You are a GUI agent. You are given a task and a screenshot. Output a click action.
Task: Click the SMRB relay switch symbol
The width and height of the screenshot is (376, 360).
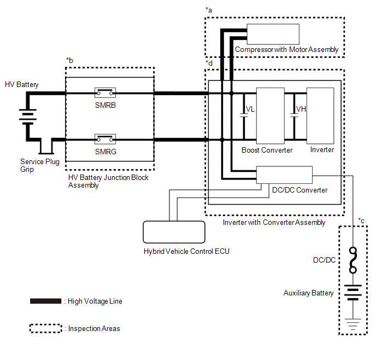click(x=105, y=92)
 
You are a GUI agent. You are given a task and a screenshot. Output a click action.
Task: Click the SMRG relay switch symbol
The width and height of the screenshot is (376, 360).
click(x=105, y=139)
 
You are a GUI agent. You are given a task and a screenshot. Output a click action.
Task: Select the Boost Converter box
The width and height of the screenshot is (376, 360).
click(x=270, y=116)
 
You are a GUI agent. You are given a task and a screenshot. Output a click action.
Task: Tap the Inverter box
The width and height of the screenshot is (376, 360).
click(x=320, y=116)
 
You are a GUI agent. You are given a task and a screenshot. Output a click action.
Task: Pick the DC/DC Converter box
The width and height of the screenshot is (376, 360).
click(x=284, y=175)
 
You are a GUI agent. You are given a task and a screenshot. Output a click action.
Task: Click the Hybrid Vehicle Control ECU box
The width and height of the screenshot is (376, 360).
click(x=174, y=232)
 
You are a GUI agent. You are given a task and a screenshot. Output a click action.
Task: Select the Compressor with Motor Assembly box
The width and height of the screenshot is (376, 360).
click(x=273, y=34)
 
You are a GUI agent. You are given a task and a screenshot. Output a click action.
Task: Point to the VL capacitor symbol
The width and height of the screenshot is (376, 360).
click(x=244, y=115)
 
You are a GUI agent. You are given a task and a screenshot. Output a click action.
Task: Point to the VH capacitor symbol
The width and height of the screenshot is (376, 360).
click(x=294, y=115)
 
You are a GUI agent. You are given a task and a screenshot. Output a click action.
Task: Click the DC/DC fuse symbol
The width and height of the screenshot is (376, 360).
click(x=352, y=260)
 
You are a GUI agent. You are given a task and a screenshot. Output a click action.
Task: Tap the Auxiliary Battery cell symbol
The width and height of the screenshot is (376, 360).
click(x=352, y=292)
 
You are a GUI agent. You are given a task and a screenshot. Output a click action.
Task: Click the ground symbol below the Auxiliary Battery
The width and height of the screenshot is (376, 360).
click(x=352, y=324)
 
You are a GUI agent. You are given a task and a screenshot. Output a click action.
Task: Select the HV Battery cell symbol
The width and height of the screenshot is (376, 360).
click(x=28, y=117)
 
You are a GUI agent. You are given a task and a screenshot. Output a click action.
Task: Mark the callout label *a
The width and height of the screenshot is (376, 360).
click(x=209, y=10)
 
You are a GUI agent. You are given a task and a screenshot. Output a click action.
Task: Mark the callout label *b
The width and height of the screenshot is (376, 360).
click(x=69, y=60)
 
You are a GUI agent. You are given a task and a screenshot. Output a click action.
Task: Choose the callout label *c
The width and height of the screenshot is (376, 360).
click(x=361, y=220)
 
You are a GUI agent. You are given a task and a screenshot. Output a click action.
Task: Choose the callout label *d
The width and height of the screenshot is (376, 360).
click(x=209, y=63)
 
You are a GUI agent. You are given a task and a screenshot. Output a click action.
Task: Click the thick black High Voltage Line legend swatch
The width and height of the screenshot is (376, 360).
click(x=45, y=301)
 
